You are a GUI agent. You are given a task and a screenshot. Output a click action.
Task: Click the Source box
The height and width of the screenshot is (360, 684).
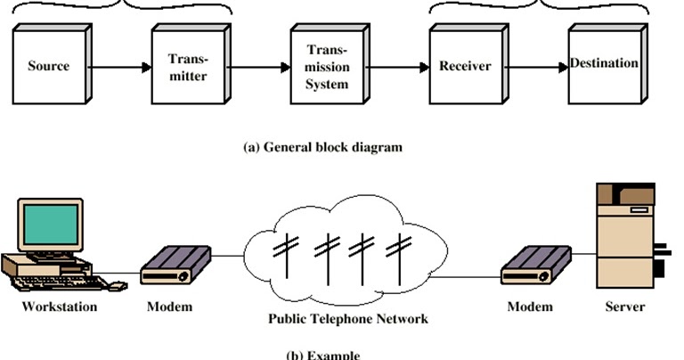(48, 66)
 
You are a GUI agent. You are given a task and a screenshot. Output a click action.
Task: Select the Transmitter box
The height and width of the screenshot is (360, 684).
(187, 66)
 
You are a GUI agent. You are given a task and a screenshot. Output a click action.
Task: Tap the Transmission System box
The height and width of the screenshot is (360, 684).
(326, 66)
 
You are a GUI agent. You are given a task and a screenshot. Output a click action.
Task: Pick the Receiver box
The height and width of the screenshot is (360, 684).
(464, 66)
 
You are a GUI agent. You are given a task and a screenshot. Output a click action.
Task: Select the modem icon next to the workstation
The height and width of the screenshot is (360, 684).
(175, 265)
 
